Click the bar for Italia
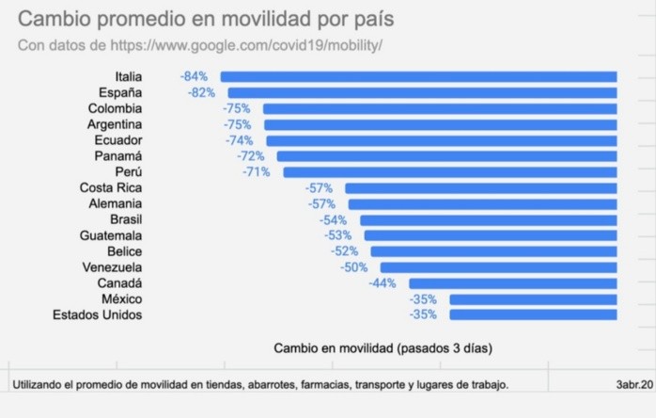click(x=418, y=76)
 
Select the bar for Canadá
click(x=512, y=282)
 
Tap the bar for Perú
click(x=449, y=172)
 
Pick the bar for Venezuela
click(x=498, y=267)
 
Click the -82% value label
click(x=200, y=92)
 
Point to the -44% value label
click(x=383, y=282)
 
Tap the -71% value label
click(x=256, y=172)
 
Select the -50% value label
click(x=354, y=267)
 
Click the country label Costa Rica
click(x=111, y=187)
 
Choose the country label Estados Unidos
click(x=98, y=314)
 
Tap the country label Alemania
click(x=116, y=203)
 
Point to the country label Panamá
click(x=118, y=156)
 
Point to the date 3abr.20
click(x=633, y=384)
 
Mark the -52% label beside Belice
click(x=345, y=251)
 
